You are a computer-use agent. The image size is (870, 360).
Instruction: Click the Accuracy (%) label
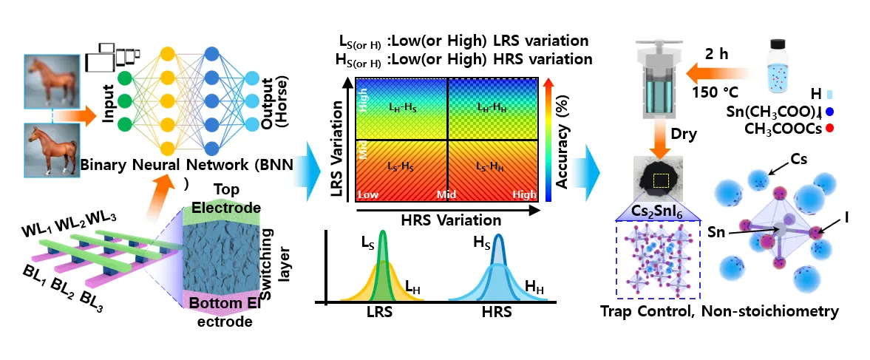(x=563, y=141)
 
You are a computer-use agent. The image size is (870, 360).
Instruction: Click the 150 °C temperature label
(x=714, y=92)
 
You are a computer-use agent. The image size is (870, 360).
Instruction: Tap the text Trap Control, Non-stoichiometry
(x=719, y=311)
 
